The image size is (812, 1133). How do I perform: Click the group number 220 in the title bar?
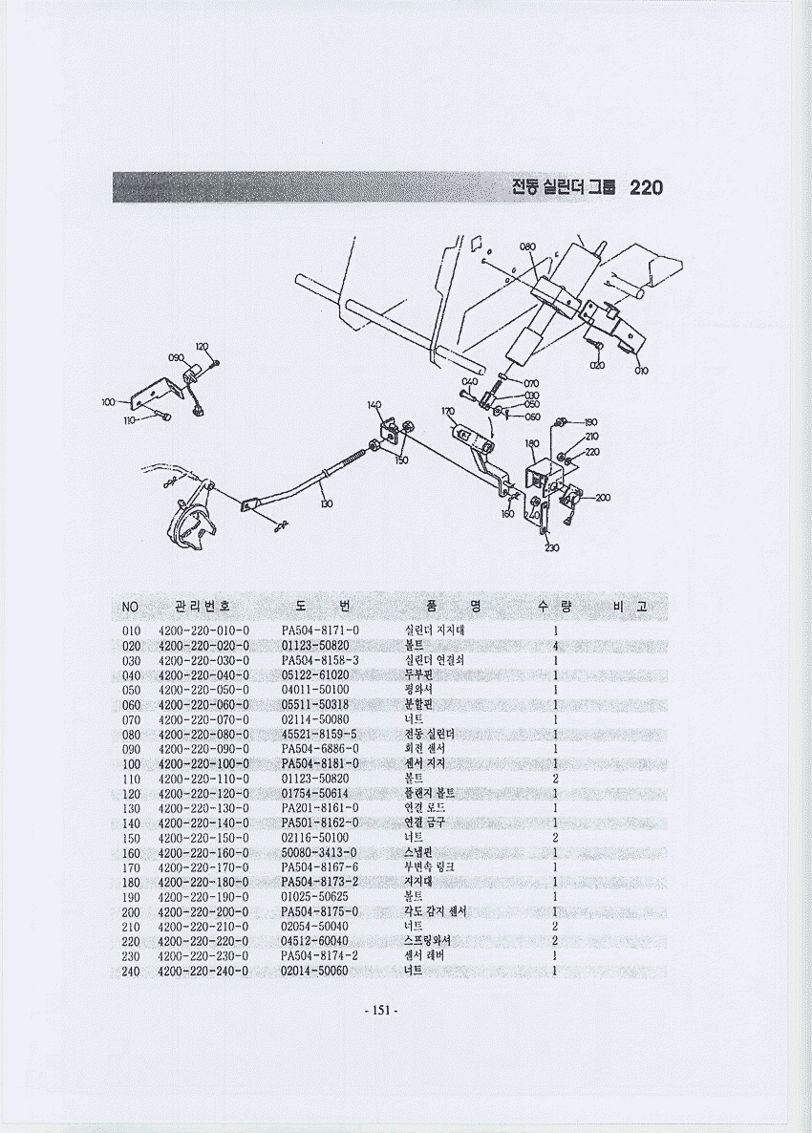647,187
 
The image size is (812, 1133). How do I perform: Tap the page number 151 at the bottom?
380,1011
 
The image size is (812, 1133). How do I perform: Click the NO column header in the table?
131,607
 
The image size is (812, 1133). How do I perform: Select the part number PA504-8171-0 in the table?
320,631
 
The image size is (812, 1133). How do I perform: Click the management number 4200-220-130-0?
203,808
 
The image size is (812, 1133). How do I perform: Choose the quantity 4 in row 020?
555,646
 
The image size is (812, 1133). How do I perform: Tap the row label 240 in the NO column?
131,971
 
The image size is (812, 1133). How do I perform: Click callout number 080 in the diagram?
527,246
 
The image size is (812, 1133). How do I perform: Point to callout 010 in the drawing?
641,371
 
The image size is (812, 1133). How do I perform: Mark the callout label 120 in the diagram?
203,346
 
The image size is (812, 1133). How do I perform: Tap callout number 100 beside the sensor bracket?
108,402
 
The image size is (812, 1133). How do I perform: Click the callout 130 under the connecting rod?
327,503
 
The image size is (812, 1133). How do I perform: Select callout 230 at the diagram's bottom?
551,547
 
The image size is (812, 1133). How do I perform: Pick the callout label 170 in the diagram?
448,411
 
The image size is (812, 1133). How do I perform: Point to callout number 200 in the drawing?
603,498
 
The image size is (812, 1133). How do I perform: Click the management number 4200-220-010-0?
203,631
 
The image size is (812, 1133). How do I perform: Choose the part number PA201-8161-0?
320,808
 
